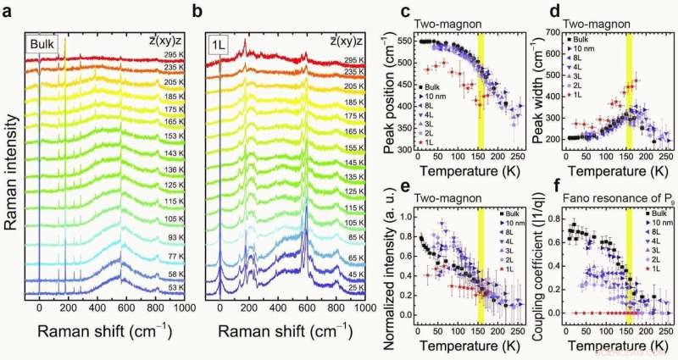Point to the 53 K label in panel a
[175, 288]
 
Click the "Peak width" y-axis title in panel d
[545, 93]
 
